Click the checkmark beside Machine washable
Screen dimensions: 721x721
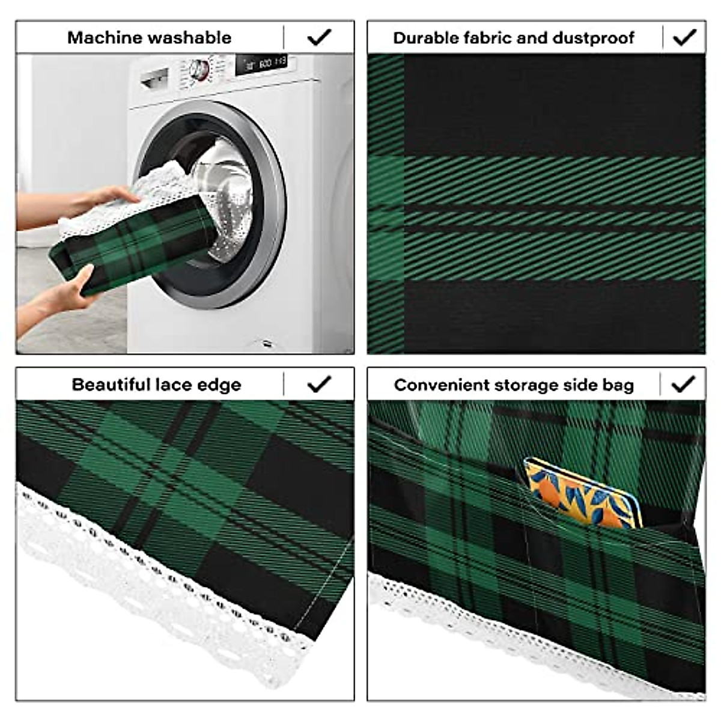coord(318,37)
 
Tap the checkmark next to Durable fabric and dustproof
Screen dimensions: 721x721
coord(684,37)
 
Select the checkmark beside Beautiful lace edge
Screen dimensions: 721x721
coord(318,384)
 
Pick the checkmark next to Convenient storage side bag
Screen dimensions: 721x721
coord(683,384)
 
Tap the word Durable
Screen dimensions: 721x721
coord(421,38)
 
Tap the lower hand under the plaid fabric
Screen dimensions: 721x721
coord(66,294)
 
